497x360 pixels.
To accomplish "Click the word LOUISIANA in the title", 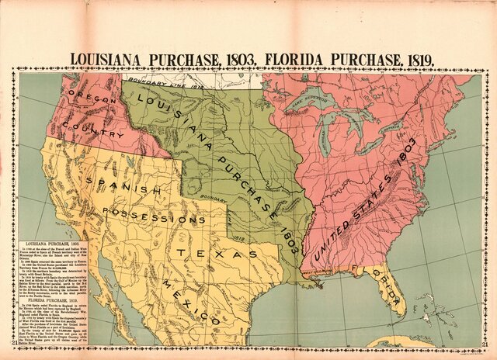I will click(113, 58).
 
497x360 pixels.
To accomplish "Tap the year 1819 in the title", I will click(415, 58).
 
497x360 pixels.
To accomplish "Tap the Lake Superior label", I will click(311, 99).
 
